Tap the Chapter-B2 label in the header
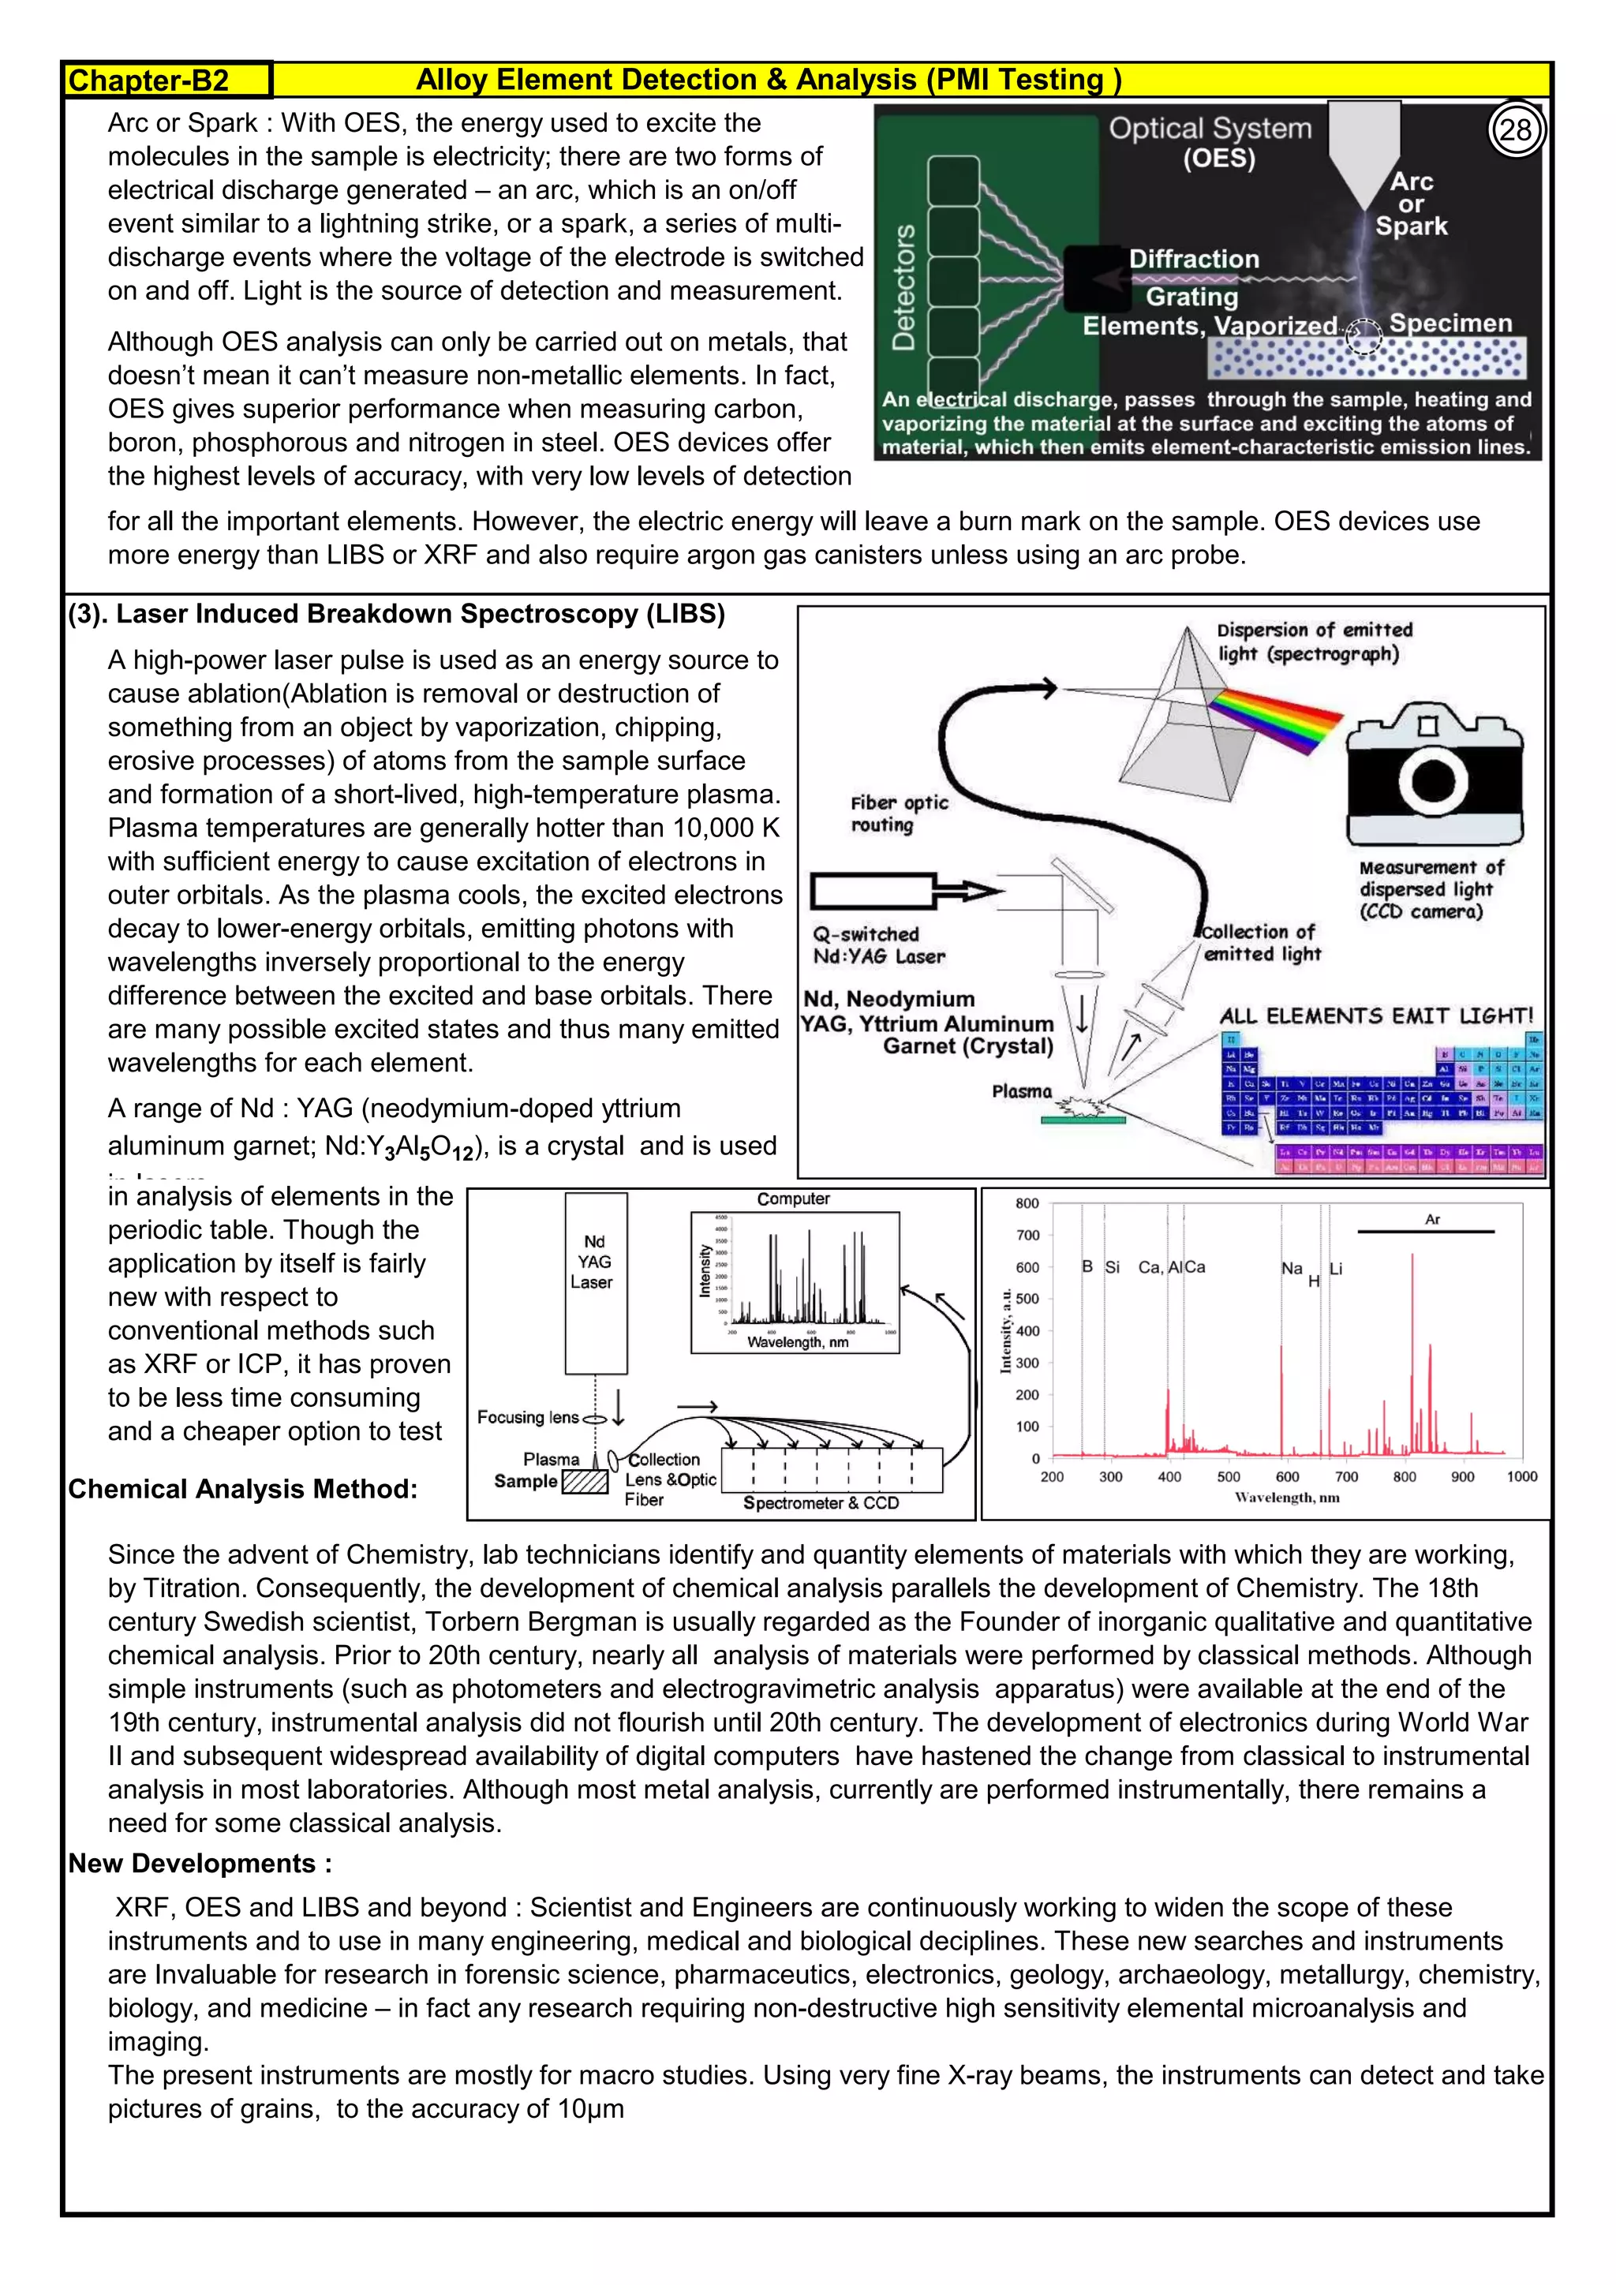[x=149, y=80]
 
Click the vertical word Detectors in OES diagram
[x=903, y=286]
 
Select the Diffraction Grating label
[x=1193, y=278]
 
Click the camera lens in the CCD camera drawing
[x=1433, y=778]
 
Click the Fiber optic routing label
[x=899, y=813]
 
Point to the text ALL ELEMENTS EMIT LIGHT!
[x=1376, y=1016]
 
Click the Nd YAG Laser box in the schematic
[x=595, y=1283]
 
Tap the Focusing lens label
[x=527, y=1417]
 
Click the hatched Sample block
[x=585, y=1482]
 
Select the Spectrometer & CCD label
[x=821, y=1503]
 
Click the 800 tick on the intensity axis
[x=1027, y=1203]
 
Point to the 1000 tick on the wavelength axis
[x=1521, y=1477]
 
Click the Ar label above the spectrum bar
[x=1432, y=1219]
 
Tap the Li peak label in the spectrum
[x=1337, y=1269]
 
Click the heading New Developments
[x=199, y=1864]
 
